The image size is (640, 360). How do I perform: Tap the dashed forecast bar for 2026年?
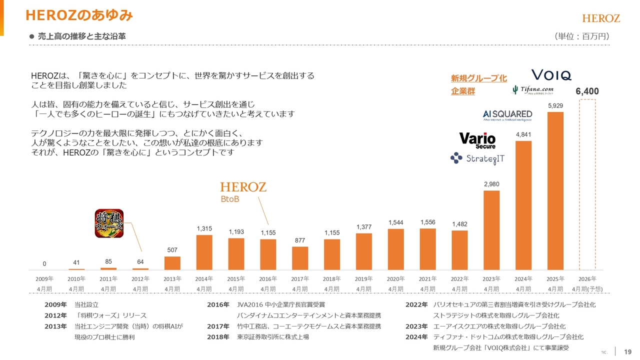pyautogui.click(x=587, y=185)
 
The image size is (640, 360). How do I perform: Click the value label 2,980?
pyautogui.click(x=491, y=184)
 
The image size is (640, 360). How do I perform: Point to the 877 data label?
pyautogui.click(x=300, y=240)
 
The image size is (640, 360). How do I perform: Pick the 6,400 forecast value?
pyautogui.click(x=587, y=91)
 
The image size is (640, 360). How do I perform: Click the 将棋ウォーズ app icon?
pyautogui.click(x=109, y=223)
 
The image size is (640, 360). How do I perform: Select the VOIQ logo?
pyautogui.click(x=550, y=75)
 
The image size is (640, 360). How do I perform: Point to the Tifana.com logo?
pyautogui.click(x=532, y=90)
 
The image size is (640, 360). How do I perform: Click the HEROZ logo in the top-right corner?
pyautogui.click(x=601, y=18)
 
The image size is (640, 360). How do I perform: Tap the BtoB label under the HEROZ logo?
pyautogui.click(x=230, y=199)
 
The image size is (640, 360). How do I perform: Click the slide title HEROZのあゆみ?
pyautogui.click(x=79, y=16)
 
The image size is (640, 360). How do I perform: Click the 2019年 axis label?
pyautogui.click(x=363, y=279)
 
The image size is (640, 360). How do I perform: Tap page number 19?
pyautogui.click(x=628, y=351)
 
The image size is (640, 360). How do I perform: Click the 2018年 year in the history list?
pyautogui.click(x=218, y=337)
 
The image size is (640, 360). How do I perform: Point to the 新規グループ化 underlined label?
pyautogui.click(x=478, y=78)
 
